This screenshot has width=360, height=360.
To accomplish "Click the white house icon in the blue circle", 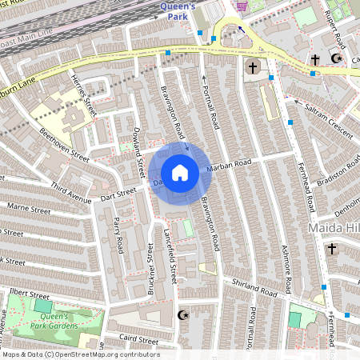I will [x=180, y=173].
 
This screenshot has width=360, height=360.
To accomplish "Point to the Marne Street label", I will [x=27, y=212].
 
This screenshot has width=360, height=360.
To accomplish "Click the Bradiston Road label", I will [x=331, y=174].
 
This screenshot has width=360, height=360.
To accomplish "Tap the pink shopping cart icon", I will [x=241, y=6].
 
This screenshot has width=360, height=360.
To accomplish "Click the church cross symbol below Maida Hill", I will [x=331, y=249].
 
